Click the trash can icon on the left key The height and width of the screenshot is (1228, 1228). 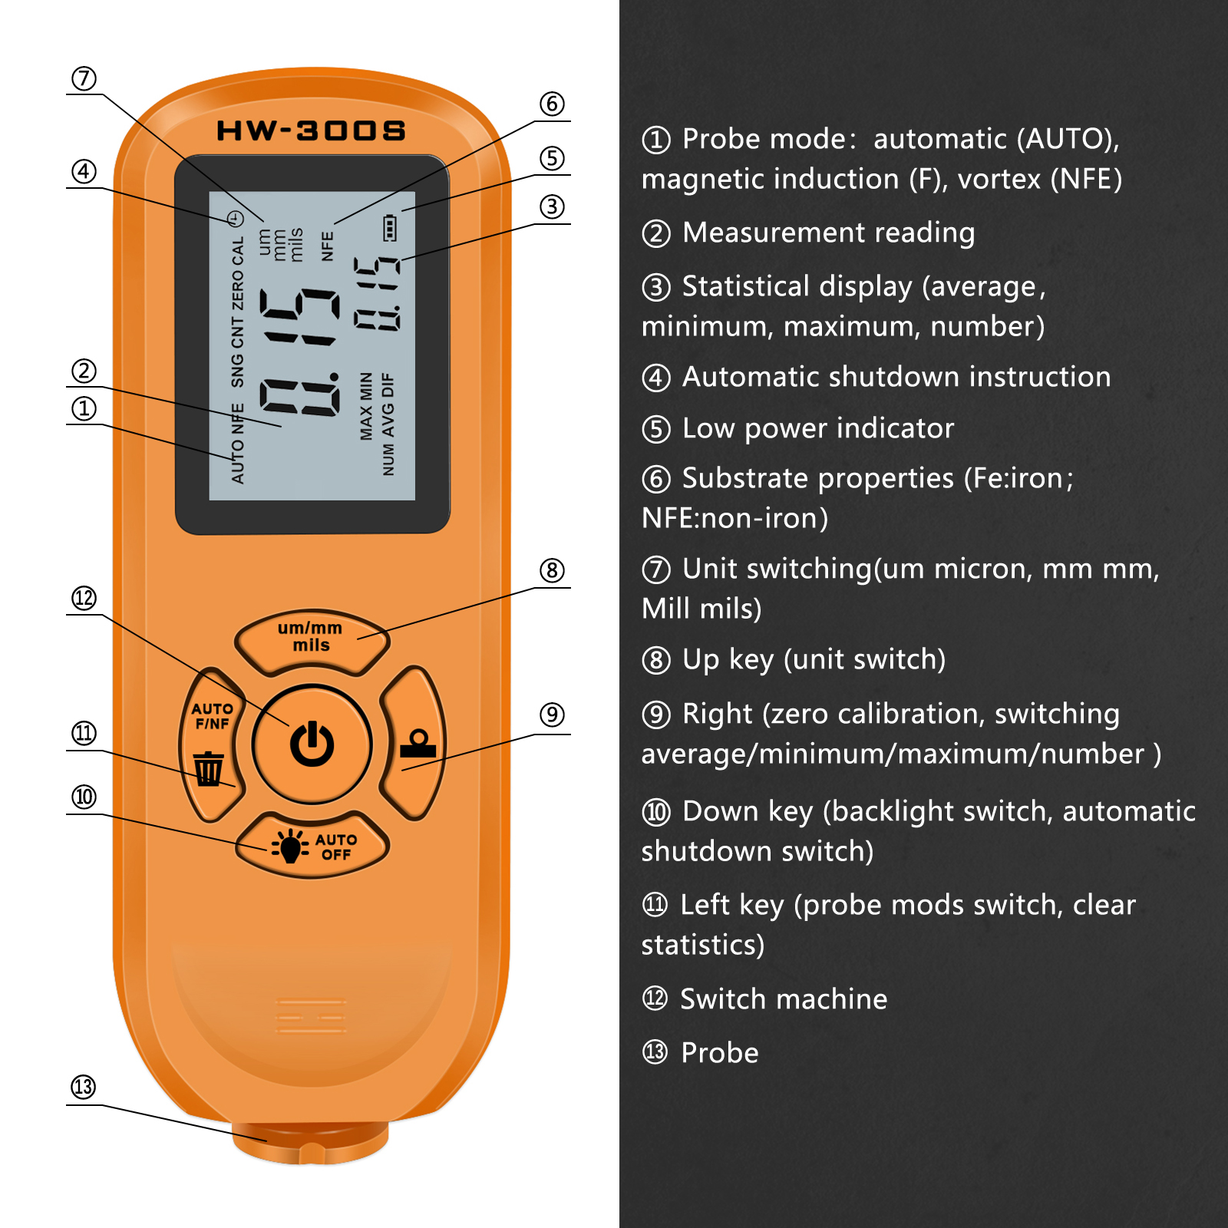[x=208, y=768]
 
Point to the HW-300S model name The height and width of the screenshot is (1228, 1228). [x=311, y=130]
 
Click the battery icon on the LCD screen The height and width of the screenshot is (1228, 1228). [x=390, y=228]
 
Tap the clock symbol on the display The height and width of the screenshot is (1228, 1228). [x=236, y=219]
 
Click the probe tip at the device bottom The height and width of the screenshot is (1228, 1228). [x=311, y=1144]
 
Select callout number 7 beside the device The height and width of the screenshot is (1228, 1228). [x=84, y=78]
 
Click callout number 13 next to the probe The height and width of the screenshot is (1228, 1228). [x=84, y=1087]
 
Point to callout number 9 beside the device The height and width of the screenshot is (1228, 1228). [x=552, y=715]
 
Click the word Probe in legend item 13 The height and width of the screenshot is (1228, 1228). [x=719, y=1053]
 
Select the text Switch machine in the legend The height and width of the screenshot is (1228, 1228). [x=784, y=999]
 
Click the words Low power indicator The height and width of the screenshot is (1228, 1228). [x=818, y=428]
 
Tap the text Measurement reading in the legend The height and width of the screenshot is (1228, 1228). [x=829, y=233]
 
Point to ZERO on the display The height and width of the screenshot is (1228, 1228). [x=237, y=292]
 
